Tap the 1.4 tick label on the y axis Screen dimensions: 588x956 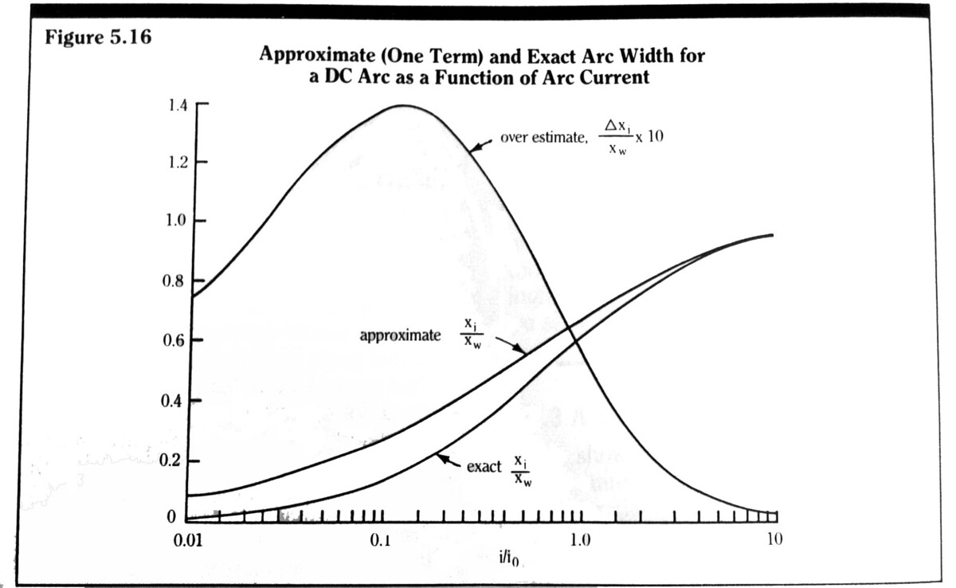tap(176, 104)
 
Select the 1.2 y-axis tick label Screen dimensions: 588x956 tap(176, 163)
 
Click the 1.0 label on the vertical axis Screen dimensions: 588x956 tap(176, 221)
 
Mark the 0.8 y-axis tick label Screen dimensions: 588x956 tap(176, 281)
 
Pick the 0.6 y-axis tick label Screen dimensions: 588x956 tap(176, 341)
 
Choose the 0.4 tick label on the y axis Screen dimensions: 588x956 tap(176, 401)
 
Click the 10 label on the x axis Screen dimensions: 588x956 tap(774, 540)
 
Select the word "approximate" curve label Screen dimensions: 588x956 tap(400, 335)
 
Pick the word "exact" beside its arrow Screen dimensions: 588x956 tap(484, 466)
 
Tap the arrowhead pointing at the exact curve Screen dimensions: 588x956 tap(441, 457)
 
